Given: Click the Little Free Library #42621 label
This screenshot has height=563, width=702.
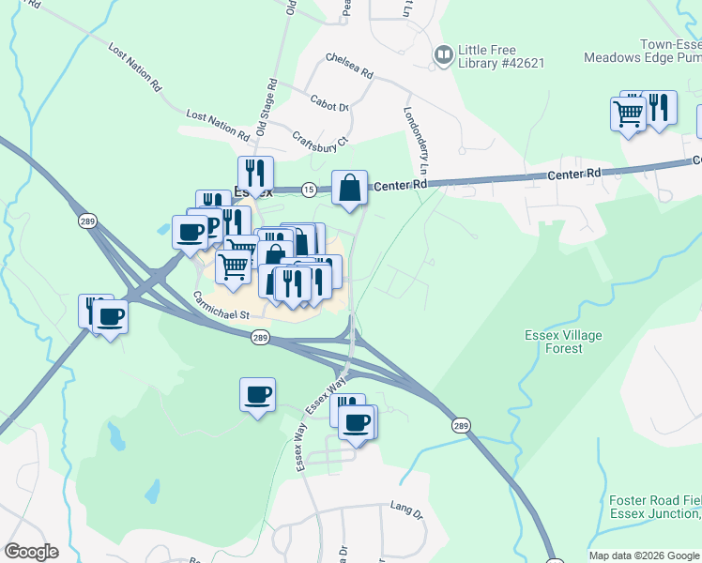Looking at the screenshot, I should (501, 55).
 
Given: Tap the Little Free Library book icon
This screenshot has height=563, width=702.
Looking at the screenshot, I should (443, 56).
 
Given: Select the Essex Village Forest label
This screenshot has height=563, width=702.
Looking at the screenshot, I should (563, 342).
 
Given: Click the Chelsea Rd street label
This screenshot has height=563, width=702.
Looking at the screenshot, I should (349, 65).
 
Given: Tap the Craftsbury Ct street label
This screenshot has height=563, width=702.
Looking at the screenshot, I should (320, 138).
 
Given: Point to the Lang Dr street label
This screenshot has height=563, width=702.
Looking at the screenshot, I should (406, 510).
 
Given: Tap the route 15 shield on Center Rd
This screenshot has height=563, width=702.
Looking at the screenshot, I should (309, 190).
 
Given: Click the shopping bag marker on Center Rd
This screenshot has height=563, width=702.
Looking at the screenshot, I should (349, 187).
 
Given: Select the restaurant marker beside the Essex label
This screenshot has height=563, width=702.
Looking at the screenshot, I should (255, 174).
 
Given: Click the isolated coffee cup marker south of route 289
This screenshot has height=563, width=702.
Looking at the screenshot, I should (257, 395).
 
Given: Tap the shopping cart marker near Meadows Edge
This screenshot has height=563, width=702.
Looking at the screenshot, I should (628, 114).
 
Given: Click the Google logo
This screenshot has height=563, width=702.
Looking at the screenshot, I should (31, 552).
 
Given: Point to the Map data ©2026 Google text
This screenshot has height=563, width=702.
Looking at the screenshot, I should (643, 555).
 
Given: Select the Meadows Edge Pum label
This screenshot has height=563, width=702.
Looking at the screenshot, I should (642, 57).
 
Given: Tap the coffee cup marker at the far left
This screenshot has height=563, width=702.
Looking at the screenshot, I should (111, 316).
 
